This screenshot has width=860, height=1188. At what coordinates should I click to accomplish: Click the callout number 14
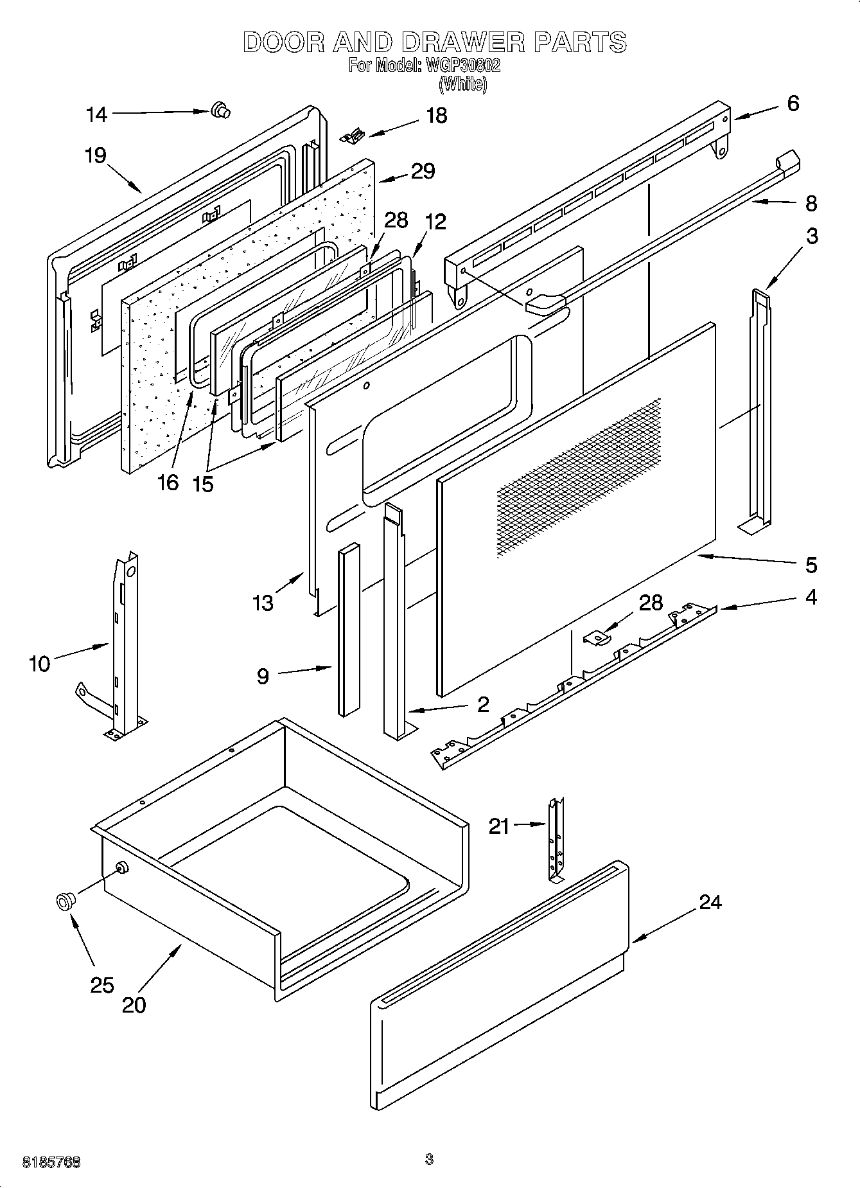[x=96, y=115]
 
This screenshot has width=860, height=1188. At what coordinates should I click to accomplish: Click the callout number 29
[x=423, y=172]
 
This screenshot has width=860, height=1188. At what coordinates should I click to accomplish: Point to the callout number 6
[x=793, y=103]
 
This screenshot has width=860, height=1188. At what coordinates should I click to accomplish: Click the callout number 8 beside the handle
[x=811, y=204]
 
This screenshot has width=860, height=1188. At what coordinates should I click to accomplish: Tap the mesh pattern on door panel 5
[x=578, y=475]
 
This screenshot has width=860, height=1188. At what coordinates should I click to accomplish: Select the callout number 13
[x=263, y=603]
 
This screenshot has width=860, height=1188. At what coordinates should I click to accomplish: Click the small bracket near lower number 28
[x=597, y=637]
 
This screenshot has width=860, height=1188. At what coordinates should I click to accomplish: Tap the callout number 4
[x=811, y=597]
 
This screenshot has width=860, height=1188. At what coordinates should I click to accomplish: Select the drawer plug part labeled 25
[x=64, y=901]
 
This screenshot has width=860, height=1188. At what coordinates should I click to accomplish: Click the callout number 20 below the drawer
[x=134, y=1004]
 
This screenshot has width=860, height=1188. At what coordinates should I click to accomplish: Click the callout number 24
[x=710, y=902]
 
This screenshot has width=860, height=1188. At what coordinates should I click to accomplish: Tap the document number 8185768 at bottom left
[x=51, y=1162]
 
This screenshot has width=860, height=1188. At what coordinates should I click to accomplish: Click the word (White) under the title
[x=462, y=84]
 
